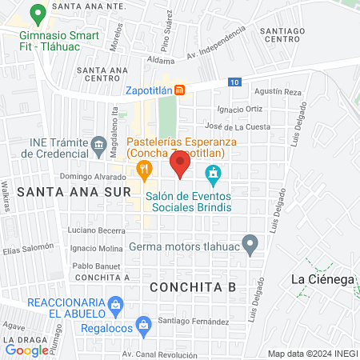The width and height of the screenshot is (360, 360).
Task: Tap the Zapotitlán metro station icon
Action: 181,90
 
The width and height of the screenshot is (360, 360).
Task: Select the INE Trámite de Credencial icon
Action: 98,144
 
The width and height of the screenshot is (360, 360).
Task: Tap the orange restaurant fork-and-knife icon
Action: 144,168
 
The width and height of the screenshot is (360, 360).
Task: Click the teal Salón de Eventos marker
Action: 213,172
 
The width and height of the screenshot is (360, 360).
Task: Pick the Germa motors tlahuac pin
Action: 250,242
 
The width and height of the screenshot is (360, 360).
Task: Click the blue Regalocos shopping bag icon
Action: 143,324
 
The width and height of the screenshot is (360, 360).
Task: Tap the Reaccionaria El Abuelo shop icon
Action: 117,304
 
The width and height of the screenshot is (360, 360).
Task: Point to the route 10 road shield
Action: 233,82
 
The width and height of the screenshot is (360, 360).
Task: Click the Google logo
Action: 26,350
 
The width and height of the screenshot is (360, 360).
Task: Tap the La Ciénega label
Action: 322,279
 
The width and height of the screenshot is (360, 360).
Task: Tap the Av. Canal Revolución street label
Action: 159,353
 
